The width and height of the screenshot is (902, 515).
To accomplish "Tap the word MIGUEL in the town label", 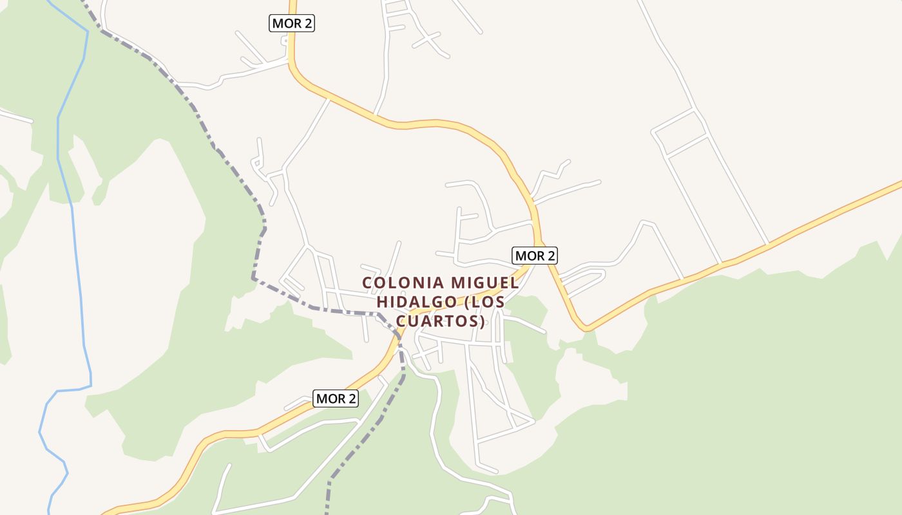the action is tap(484, 283).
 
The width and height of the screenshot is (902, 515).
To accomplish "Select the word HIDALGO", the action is tap(412, 301).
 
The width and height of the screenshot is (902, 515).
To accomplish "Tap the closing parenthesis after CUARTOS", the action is tap(482, 321).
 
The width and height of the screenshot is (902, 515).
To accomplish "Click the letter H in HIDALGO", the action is tap(381, 301).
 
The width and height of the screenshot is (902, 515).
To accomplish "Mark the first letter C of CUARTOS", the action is tap(401, 320).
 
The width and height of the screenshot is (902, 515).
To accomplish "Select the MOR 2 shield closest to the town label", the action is tap(535, 256).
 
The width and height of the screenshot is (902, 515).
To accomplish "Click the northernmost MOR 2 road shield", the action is tap(292, 24).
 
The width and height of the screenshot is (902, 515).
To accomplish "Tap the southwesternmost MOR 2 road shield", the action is tap(336, 398).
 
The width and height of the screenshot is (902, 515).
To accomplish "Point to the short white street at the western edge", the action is tap(15, 116).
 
